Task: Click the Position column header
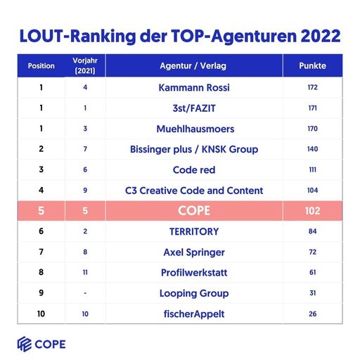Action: pyautogui.click(x=41, y=66)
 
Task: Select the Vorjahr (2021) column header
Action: pyautogui.click(x=84, y=66)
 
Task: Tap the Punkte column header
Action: pyautogui.click(x=312, y=66)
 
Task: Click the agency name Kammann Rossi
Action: pyautogui.click(x=194, y=88)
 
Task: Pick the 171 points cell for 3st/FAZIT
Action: pyautogui.click(x=312, y=108)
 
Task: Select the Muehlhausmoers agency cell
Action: pyautogui.click(x=194, y=129)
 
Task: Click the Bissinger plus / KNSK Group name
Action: pyautogui.click(x=194, y=149)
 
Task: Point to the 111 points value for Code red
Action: pyautogui.click(x=312, y=169)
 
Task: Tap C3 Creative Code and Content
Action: pyautogui.click(x=194, y=191)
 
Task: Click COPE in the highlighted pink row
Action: pyautogui.click(x=194, y=211)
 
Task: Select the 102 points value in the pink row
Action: pyautogui.click(x=312, y=211)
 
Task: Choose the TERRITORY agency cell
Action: pyautogui.click(x=194, y=231)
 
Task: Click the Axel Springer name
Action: pyautogui.click(x=194, y=252)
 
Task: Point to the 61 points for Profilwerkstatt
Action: pyautogui.click(x=312, y=272)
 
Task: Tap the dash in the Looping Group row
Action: pyautogui.click(x=84, y=293)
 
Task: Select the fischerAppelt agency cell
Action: pyautogui.click(x=194, y=314)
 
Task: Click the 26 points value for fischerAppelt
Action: pyautogui.click(x=312, y=314)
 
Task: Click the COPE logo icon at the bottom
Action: pyautogui.click(x=25, y=344)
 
